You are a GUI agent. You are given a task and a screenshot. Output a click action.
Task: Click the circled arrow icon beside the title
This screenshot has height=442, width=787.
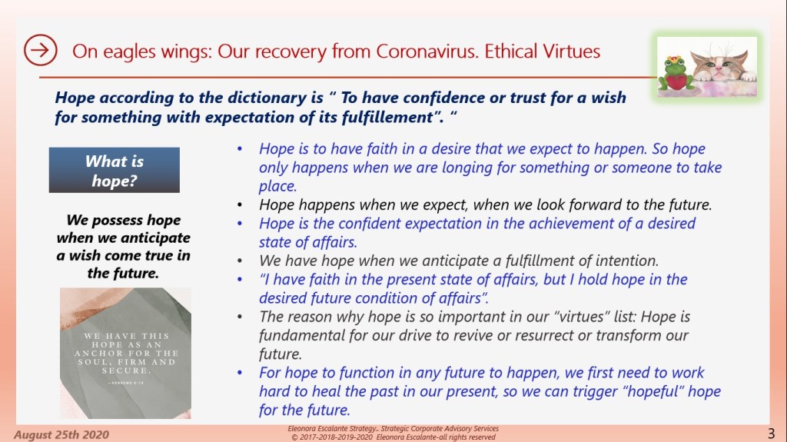click(40, 50)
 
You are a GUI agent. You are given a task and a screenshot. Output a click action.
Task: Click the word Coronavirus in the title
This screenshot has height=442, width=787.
click(426, 52)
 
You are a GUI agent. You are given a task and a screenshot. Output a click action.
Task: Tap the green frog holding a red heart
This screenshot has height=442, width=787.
click(676, 74)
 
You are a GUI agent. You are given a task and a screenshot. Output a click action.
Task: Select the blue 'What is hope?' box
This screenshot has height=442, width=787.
click(115, 171)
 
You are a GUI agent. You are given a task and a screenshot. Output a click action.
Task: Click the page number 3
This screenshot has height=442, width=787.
click(771, 433)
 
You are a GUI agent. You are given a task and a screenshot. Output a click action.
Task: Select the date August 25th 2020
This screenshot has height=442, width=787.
click(61, 434)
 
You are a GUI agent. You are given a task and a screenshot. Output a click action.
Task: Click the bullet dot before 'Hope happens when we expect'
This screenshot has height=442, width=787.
click(240, 205)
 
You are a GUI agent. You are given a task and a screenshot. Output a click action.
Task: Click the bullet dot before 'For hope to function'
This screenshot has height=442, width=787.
click(240, 373)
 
